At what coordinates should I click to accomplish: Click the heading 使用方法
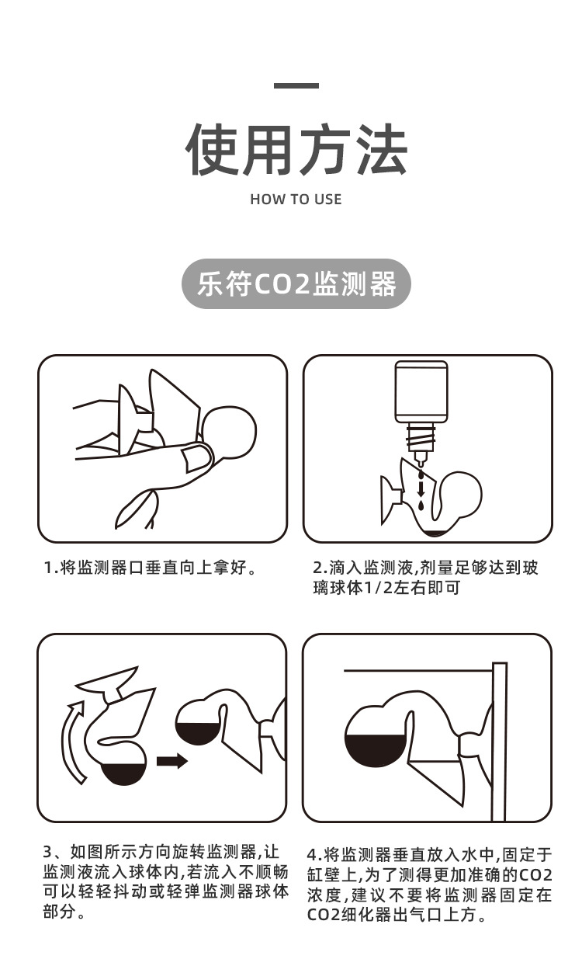pyautogui.click(x=296, y=150)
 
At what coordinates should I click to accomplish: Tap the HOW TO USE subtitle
pyautogui.click(x=296, y=200)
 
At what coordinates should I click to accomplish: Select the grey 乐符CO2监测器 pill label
pyautogui.click(x=296, y=284)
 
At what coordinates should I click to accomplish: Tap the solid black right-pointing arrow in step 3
pyautogui.click(x=172, y=761)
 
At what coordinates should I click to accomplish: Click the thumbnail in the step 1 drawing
pyautogui.click(x=194, y=459)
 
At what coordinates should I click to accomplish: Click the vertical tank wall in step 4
pyautogui.click(x=499, y=742)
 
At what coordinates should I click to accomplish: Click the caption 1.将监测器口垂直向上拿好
pyautogui.click(x=151, y=568)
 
